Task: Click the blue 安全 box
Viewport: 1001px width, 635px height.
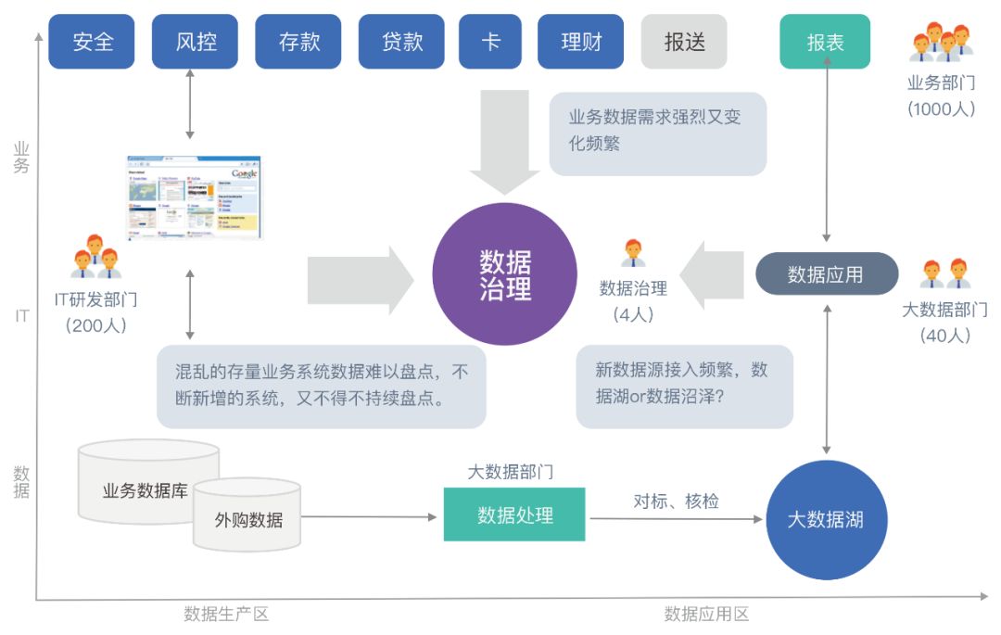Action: click(92, 42)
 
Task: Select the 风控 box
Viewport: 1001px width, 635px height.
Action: click(195, 42)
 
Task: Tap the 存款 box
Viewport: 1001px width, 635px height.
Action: click(298, 42)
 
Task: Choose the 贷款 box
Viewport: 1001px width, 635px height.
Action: click(402, 42)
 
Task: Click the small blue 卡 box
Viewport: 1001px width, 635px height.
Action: click(490, 42)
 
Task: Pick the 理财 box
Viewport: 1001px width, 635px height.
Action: click(581, 42)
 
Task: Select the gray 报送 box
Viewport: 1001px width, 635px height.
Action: click(684, 42)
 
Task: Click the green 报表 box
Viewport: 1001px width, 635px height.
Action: click(825, 42)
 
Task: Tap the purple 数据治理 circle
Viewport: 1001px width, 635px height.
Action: click(505, 274)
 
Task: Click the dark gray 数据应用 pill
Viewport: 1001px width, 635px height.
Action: click(827, 274)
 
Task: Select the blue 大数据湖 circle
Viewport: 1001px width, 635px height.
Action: click(826, 520)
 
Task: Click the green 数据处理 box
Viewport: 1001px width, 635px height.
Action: click(514, 514)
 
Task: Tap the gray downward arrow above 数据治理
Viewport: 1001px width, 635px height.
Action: click(504, 139)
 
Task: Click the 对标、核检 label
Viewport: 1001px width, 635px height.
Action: click(676, 502)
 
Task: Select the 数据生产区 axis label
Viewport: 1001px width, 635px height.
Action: click(226, 614)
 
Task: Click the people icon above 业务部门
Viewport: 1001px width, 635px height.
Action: click(941, 43)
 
